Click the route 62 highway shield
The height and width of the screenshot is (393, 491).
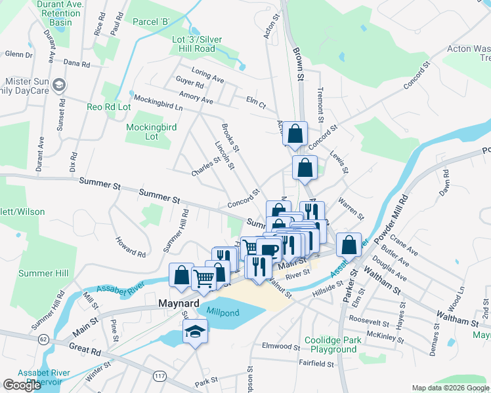pos(44,339)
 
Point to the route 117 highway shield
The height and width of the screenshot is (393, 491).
pos(159,375)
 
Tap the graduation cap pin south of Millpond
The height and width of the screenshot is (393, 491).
pos(195,332)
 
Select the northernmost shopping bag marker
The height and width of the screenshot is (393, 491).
pos(295,134)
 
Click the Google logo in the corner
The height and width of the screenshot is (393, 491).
pos(22,384)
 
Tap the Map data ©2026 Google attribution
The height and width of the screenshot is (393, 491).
pos(450,388)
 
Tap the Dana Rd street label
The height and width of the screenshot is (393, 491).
pos(77,63)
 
